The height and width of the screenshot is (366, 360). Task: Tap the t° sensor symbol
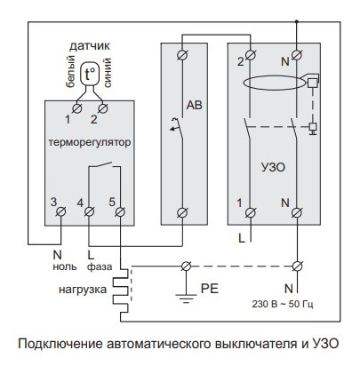pos(89,76)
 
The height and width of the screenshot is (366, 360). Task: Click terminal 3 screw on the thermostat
pos(60,211)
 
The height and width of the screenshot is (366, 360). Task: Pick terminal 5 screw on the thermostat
pos(119,211)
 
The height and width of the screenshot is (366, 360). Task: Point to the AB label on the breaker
pos(194,104)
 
